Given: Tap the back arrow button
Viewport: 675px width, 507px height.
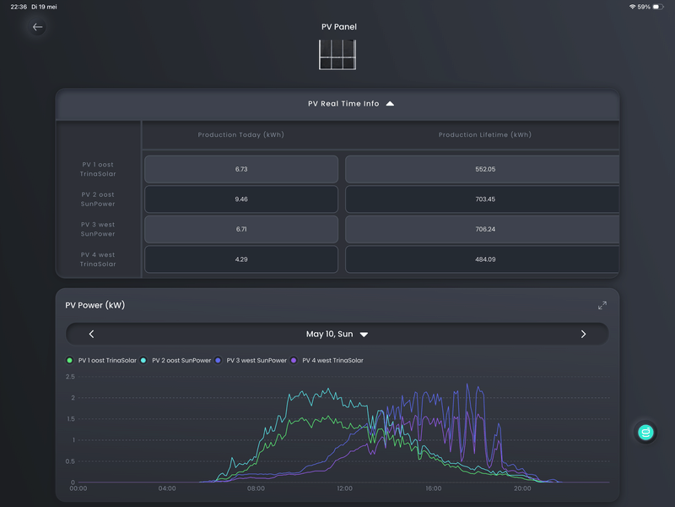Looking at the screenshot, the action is [x=37, y=27].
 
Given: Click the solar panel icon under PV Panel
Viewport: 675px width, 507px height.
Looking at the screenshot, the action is [x=337, y=55].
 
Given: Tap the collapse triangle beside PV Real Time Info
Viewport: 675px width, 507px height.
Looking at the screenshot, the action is [x=390, y=103].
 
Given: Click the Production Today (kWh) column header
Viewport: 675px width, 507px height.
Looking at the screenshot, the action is [x=240, y=135].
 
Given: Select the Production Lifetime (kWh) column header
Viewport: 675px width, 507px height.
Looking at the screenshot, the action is [x=484, y=135].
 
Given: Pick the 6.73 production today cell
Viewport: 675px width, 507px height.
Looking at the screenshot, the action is [x=241, y=170].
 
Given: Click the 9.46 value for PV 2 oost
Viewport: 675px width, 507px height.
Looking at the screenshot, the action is [x=241, y=199].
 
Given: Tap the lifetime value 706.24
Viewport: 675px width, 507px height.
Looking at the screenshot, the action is [x=485, y=229].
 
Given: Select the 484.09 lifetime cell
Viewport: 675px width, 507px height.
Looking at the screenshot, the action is [x=485, y=259].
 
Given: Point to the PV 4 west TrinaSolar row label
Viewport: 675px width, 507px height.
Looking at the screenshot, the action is [x=98, y=259].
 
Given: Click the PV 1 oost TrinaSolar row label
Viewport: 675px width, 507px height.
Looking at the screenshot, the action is [x=98, y=170].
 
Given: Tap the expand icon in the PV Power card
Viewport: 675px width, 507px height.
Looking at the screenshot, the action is [x=602, y=305].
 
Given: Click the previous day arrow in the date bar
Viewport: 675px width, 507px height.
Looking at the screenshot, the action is [x=91, y=334].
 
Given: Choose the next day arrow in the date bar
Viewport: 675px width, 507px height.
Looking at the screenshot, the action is [x=583, y=334].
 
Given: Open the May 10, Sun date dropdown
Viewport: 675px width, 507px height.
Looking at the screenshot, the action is [x=337, y=334].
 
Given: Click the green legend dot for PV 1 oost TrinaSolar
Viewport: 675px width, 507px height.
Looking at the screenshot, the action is [x=70, y=361].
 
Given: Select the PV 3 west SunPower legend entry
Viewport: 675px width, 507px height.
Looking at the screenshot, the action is [x=251, y=361].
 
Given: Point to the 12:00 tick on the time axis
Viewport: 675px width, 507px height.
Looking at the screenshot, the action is [x=344, y=488].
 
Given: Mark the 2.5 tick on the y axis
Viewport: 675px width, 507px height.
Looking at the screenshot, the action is [x=70, y=377].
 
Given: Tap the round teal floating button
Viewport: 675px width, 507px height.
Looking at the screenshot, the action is [x=645, y=432].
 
